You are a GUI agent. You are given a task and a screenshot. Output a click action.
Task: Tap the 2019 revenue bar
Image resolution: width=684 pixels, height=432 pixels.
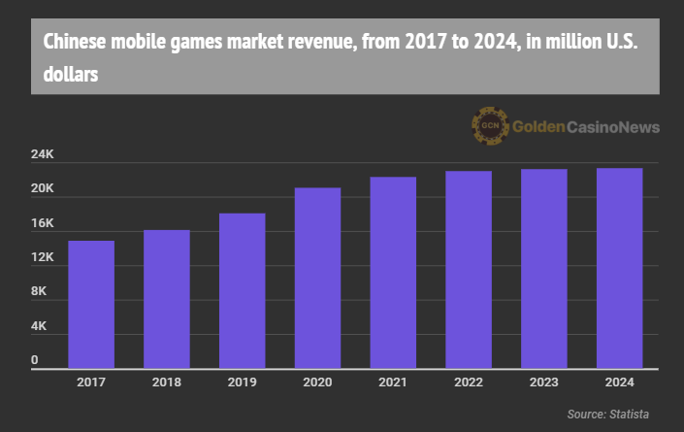tap(242, 290)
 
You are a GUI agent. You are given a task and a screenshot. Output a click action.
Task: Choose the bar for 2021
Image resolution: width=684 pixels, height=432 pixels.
tap(393, 273)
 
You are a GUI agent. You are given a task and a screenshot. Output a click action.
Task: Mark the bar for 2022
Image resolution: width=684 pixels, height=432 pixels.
tap(469, 270)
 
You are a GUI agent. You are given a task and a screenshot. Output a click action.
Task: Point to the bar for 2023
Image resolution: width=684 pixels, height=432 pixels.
tap(544, 269)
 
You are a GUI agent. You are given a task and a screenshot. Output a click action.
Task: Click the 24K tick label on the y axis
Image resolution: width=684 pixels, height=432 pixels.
tap(42, 155)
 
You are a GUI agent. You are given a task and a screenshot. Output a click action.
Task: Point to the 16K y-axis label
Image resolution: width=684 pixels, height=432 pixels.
tap(42, 224)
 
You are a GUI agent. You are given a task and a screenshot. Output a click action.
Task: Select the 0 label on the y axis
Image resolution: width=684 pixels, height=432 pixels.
tap(34, 361)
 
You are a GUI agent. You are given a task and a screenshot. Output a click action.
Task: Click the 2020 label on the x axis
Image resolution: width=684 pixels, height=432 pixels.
tap(317, 383)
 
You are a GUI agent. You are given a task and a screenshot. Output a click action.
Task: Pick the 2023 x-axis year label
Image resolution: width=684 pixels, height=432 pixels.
tap(544, 383)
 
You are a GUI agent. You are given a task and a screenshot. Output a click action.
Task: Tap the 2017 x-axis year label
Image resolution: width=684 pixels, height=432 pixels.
tap(90, 383)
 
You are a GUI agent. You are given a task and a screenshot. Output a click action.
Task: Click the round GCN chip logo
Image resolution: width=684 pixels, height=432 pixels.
tap(490, 126)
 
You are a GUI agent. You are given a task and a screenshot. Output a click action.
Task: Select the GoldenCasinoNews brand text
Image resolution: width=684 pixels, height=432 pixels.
tap(585, 127)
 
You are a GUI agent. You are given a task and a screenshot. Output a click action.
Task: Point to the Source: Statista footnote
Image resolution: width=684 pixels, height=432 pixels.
tap(608, 415)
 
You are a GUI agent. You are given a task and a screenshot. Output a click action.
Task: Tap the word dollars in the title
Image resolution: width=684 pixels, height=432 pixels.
tap(71, 73)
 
